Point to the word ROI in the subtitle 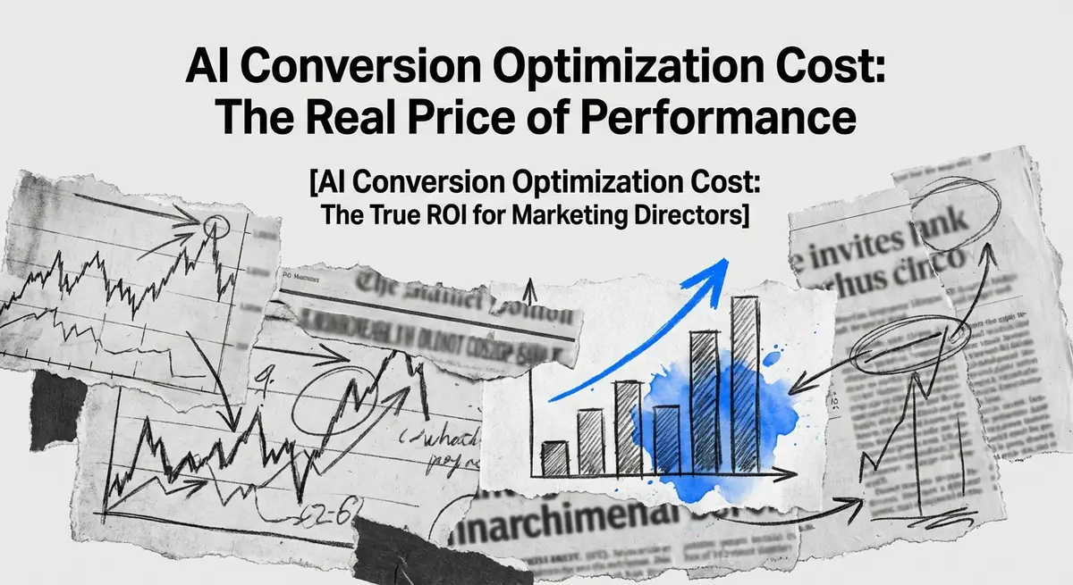click(472, 216)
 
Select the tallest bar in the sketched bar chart click(745, 384)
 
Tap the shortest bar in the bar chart click(554, 458)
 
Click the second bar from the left click(590, 442)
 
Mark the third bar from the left click(629, 427)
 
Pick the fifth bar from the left click(705, 402)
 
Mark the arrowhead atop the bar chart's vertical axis click(528, 288)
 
